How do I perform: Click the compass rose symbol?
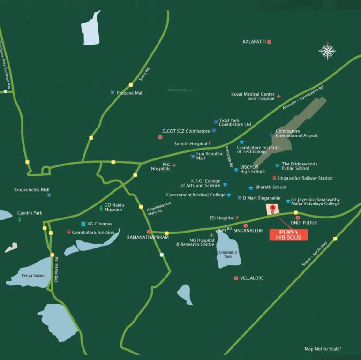click(x=328, y=51)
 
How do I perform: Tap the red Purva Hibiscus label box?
click(x=288, y=234)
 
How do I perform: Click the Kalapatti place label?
click(x=254, y=42)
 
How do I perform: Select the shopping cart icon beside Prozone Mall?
click(x=112, y=93)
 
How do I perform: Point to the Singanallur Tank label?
click(x=225, y=255)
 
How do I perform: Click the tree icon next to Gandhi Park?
click(x=19, y=219)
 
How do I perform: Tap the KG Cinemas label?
click(x=99, y=224)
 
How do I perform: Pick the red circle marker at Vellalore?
click(x=236, y=278)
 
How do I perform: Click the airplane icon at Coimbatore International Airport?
click(x=271, y=135)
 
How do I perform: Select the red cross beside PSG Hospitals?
click(x=174, y=165)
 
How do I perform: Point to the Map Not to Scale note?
click(x=323, y=349)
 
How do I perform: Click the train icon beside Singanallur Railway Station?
click(x=274, y=178)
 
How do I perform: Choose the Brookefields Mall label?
click(x=31, y=190)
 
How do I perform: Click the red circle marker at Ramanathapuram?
click(x=149, y=232)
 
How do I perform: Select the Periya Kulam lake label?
click(x=32, y=275)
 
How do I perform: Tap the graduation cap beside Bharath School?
click(x=251, y=187)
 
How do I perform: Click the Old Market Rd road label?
click(x=56, y=269)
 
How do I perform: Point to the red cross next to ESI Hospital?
click(x=237, y=217)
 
